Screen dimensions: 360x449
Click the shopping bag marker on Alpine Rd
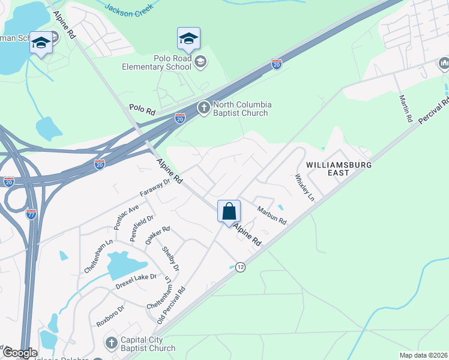click(x=229, y=212)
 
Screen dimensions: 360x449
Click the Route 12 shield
click(x=240, y=267)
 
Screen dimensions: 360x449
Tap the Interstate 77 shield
click(x=31, y=213)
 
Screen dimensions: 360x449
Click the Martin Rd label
click(x=406, y=108)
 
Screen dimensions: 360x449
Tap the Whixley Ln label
click(x=304, y=187)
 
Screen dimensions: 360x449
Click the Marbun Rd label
click(x=272, y=216)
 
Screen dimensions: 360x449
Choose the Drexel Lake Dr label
click(x=136, y=277)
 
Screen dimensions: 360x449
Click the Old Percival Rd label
click(x=172, y=305)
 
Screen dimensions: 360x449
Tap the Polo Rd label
click(x=142, y=111)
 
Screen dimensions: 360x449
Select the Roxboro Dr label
click(x=110, y=316)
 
